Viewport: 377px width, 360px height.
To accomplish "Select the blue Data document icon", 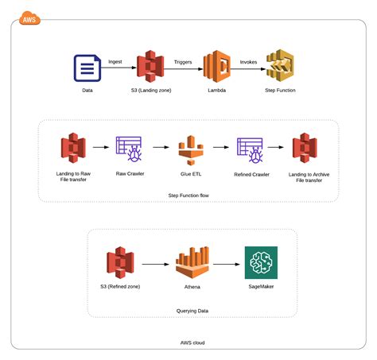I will (86, 68).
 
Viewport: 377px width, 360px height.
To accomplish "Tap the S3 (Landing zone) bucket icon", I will (150, 68).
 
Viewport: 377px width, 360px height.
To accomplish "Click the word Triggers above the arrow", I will (183, 60).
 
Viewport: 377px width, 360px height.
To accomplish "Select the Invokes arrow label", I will (248, 60).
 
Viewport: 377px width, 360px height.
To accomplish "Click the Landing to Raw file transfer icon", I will (72, 148).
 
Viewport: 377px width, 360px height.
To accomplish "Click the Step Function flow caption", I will (188, 195).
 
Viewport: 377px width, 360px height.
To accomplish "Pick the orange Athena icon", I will (191, 263).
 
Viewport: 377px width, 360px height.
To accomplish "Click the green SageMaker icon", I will (262, 263).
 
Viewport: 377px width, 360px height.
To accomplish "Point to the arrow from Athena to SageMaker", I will (227, 263).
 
